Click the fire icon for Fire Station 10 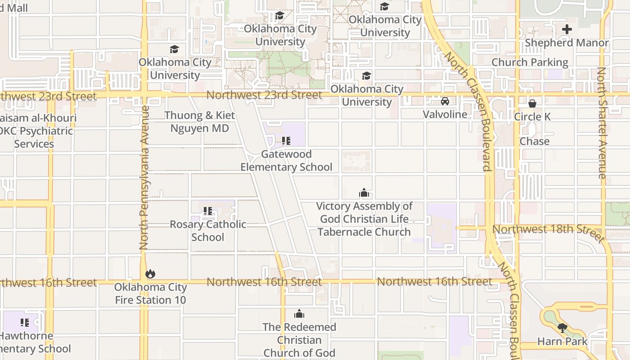point(150,274)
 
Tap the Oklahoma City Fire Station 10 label point(150,293)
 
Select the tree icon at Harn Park point(562,328)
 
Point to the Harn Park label point(562,342)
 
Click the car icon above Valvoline point(445,101)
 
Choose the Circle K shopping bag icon point(532,103)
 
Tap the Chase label point(535,141)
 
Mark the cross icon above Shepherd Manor point(567,30)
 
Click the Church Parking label point(530,62)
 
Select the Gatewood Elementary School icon point(286,141)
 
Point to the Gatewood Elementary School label point(286,161)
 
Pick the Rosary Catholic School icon point(207,211)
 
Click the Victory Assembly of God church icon point(364,193)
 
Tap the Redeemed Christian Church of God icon point(299,314)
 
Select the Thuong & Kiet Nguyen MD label point(199,121)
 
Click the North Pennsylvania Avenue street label point(144,178)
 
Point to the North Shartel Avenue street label point(602,122)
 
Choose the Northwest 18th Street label point(547,229)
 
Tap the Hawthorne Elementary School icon point(25,322)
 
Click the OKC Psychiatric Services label point(36,131)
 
